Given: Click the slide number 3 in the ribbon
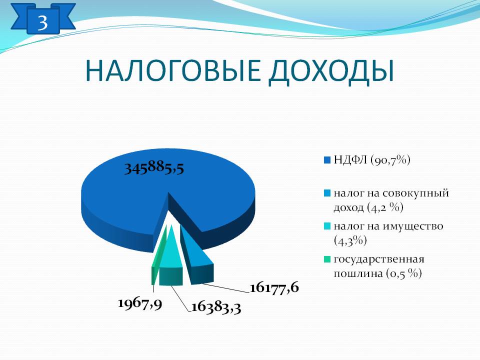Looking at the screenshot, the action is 43,22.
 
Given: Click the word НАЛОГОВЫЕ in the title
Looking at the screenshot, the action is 173,71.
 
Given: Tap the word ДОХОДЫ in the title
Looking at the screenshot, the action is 331,72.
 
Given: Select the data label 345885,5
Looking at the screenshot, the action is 154,168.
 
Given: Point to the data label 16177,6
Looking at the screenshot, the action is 274,288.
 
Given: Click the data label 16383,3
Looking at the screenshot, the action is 216,307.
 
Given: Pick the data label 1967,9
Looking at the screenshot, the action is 140,303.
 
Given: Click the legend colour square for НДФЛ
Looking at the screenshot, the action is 327,160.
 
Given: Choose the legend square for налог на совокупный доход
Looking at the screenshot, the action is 327,193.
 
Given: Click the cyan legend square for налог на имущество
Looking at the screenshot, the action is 327,226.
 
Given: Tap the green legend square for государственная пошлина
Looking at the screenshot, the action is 327,259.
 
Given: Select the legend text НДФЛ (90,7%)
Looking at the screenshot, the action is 372,160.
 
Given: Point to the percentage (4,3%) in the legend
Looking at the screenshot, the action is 350,240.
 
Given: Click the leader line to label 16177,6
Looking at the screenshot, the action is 225,287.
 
